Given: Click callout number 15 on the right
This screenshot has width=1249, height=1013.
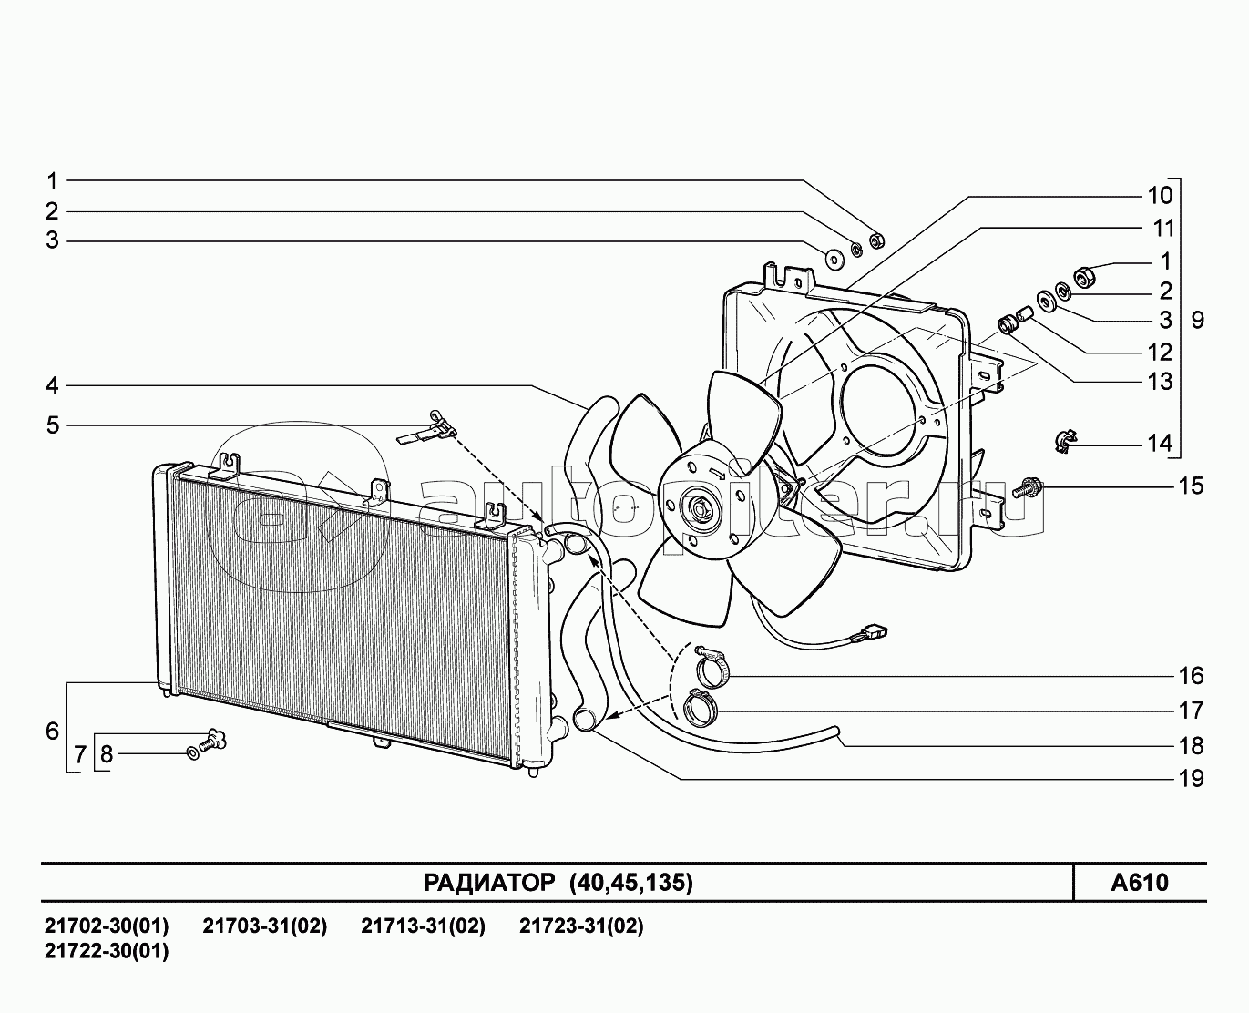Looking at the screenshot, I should click(1191, 486).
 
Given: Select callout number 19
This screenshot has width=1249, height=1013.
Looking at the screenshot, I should click(1191, 779).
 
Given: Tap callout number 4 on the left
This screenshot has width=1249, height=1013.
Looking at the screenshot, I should click(53, 385).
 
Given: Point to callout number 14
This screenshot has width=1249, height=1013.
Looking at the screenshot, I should click(1159, 444).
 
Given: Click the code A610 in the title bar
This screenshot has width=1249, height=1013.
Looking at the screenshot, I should click(1139, 882).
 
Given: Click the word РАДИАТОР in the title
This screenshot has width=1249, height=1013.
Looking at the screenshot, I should click(489, 882).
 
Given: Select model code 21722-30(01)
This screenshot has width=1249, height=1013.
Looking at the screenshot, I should click(107, 952).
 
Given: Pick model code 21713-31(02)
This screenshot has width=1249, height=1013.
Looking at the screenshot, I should click(423, 926).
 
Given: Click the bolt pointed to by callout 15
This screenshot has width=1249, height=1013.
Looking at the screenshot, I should click(1029, 488).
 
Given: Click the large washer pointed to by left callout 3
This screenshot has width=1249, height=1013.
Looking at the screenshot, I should click(834, 258).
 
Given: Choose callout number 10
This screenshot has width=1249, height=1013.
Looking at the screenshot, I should click(1160, 195).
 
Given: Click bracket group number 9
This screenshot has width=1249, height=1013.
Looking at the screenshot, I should click(1197, 320).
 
